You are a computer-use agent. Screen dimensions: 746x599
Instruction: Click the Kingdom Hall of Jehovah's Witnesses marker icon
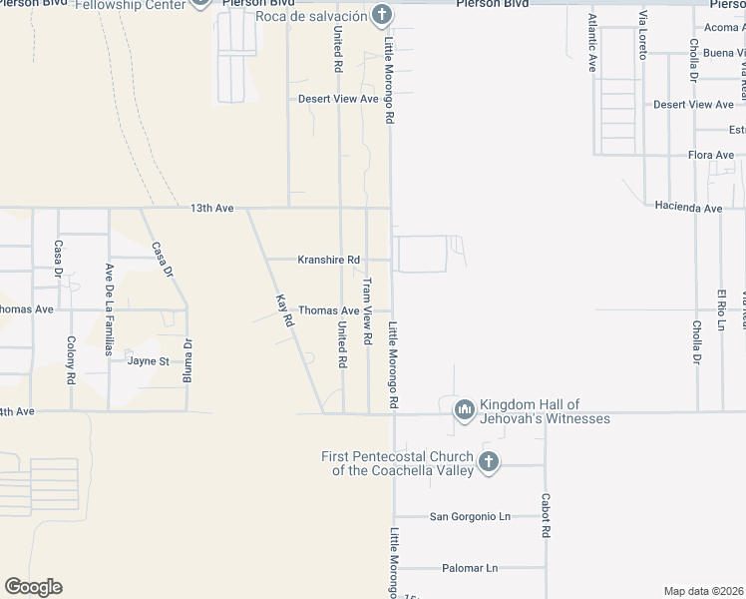(x=464, y=409)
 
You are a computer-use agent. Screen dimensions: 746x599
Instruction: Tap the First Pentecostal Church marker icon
(x=488, y=461)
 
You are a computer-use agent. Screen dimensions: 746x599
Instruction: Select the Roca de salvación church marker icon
(x=380, y=15)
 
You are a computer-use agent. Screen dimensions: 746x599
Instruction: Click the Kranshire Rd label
(x=328, y=260)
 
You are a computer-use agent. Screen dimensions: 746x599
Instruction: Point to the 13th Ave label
(x=211, y=208)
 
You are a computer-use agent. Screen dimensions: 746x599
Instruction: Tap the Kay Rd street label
(x=285, y=309)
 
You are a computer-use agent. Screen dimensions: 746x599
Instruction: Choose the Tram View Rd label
(x=366, y=311)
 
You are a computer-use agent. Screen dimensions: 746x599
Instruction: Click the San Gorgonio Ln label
(x=470, y=516)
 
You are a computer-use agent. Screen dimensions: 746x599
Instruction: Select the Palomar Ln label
(x=470, y=568)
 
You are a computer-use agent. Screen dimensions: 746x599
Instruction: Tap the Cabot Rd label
(x=546, y=515)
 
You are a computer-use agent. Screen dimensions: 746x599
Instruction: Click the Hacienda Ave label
(x=688, y=208)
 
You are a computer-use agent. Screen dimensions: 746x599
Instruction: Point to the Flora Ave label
(x=710, y=155)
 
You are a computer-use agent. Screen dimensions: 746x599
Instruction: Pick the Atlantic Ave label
(x=592, y=43)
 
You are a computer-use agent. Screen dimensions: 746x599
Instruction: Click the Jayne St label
(x=148, y=360)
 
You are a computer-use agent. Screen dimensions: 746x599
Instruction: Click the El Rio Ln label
(x=720, y=308)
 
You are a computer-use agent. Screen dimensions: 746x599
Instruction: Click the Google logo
(x=33, y=587)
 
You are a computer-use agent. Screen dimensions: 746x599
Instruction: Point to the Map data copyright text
(x=704, y=591)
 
